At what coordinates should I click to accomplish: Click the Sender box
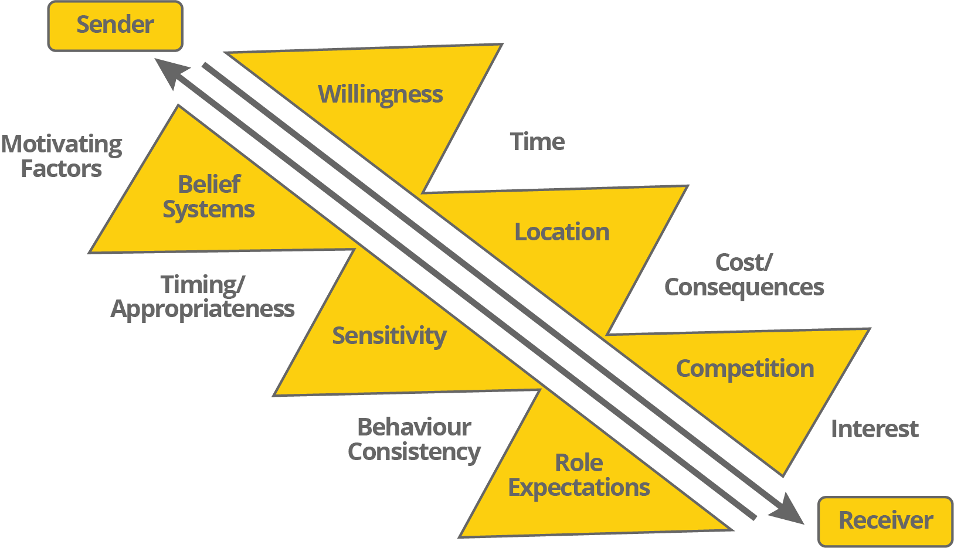coord(115,26)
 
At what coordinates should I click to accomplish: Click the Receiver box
coord(885,521)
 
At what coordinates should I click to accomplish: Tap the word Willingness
coord(380,94)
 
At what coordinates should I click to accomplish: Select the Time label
coord(537,142)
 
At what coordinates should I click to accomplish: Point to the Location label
coord(562,232)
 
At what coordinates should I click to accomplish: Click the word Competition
coord(745,369)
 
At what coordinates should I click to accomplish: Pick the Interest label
coord(874,429)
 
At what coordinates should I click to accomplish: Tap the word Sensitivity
coord(389,336)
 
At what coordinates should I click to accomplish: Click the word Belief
coord(209,185)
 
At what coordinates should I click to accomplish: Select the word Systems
coord(209,210)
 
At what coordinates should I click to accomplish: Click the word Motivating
coord(62,145)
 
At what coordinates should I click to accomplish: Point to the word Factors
coord(62,169)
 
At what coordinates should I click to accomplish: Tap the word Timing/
coord(202,285)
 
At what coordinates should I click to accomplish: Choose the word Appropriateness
coord(202,309)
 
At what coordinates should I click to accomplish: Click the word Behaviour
coord(414,427)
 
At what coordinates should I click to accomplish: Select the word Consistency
coord(414,452)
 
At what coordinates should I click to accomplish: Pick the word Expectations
coord(579,488)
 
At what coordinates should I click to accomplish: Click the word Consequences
coord(744,287)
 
